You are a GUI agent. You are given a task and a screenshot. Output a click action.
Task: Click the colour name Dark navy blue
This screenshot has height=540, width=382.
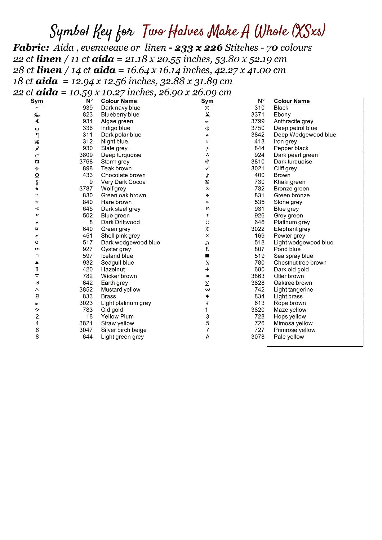coord(120,108)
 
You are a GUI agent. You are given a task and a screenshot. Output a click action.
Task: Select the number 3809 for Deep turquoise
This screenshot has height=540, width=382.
coord(86,155)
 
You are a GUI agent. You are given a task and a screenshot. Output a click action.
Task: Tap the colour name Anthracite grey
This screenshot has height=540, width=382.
coord(293,121)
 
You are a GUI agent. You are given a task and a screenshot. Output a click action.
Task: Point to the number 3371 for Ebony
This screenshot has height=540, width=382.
coord(258,114)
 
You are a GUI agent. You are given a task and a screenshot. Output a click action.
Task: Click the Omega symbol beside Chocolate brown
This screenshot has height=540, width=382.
coord(37,175)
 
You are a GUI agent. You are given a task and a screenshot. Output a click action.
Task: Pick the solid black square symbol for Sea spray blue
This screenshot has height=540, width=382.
coord(207,256)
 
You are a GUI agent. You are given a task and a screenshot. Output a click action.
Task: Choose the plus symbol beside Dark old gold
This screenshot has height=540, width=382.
coord(207,269)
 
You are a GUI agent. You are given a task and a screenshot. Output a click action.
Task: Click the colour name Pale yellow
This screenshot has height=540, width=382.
coord(289,337)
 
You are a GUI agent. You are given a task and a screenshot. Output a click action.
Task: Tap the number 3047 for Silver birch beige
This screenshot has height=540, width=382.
coord(86,330)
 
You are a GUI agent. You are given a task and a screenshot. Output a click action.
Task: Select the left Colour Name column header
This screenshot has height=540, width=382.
coord(119,101)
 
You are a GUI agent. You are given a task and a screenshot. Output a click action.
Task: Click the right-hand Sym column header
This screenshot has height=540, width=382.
coord(207,101)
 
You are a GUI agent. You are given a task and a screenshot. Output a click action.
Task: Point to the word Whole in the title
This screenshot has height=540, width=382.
coord(271,32)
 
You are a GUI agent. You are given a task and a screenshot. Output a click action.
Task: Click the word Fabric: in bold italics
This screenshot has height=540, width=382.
coord(31,48)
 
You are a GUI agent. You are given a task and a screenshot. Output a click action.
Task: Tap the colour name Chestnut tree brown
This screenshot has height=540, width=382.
coord(300,262)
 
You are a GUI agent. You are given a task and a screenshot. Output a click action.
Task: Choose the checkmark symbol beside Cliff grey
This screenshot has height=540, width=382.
coord(207,168)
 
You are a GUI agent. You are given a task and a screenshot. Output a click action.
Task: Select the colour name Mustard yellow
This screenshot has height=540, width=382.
coord(120,289)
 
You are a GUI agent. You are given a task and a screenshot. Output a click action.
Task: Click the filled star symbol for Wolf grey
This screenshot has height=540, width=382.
coord(37,189)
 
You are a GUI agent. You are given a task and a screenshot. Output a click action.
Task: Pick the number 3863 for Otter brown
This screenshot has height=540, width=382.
coord(258,276)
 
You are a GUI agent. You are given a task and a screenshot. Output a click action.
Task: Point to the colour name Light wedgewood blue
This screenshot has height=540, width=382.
coord(303,242)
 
